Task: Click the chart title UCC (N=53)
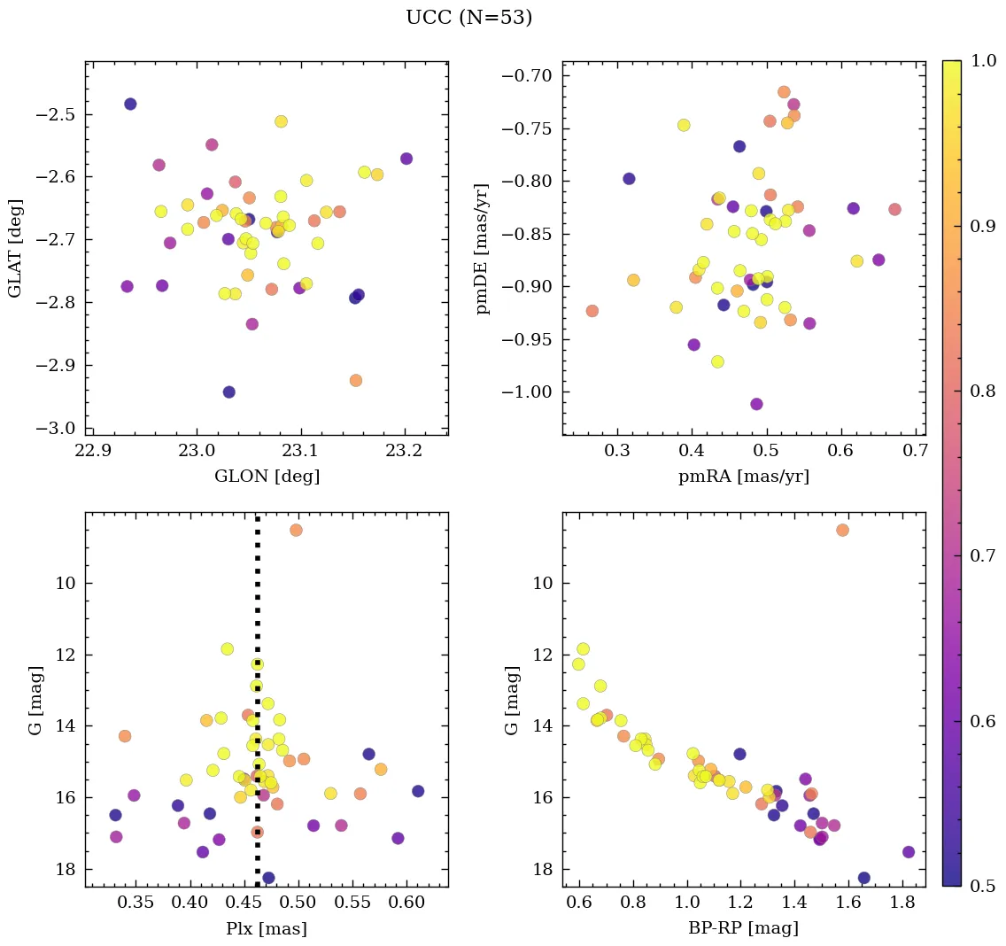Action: click(x=468, y=18)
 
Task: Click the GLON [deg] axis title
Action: click(x=267, y=476)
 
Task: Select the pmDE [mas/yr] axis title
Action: click(x=483, y=247)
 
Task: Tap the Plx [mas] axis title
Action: click(x=267, y=928)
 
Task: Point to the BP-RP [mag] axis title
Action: click(x=743, y=928)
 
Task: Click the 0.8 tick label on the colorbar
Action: click(x=980, y=391)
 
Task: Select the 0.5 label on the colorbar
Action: click(x=980, y=886)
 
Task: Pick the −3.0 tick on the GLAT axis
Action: click(x=55, y=428)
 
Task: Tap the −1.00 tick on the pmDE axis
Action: click(x=528, y=392)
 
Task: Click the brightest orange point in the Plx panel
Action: click(x=296, y=530)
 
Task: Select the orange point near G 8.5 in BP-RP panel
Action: click(x=842, y=530)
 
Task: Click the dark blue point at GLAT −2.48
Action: click(x=130, y=104)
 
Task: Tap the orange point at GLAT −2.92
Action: click(x=356, y=380)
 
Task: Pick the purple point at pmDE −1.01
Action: click(x=756, y=404)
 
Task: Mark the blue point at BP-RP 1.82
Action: click(x=909, y=852)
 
